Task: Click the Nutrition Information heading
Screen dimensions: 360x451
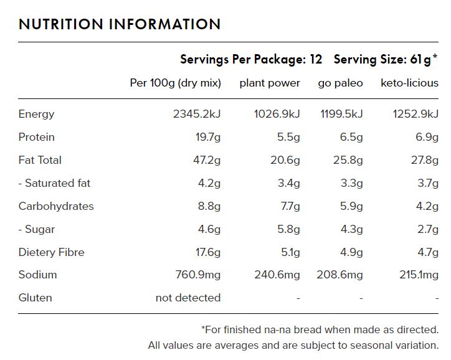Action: tap(120, 24)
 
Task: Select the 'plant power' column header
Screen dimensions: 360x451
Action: tap(270, 83)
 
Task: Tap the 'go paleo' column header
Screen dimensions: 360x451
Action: tap(340, 83)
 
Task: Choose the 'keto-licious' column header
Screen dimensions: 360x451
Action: tap(409, 83)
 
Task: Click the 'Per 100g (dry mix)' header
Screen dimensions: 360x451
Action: tap(175, 83)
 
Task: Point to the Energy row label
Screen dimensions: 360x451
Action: tap(37, 114)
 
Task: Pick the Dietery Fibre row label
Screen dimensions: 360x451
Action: tap(52, 252)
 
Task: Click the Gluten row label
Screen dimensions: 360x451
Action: tap(35, 298)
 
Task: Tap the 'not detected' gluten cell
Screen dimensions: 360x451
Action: tap(188, 298)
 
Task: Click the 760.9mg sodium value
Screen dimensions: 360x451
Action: tap(195, 275)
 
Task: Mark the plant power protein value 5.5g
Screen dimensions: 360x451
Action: tap(288, 137)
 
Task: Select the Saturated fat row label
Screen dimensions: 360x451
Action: tap(55, 183)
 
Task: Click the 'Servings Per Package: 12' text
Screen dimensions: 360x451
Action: tap(251, 60)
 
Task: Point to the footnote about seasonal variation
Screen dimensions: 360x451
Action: tap(293, 344)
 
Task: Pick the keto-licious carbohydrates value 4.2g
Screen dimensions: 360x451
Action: tap(427, 206)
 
